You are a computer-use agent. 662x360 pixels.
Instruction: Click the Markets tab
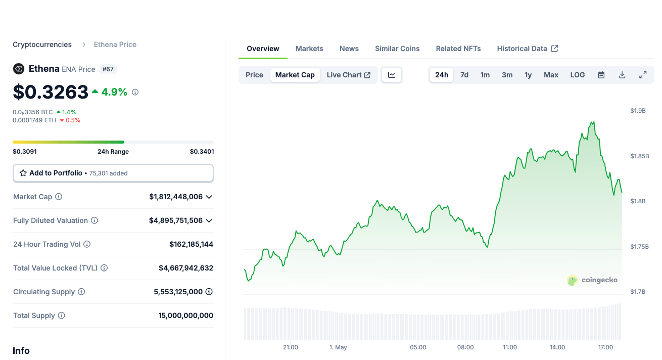pyautogui.click(x=309, y=49)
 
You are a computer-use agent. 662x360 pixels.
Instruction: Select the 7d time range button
pyautogui.click(x=464, y=75)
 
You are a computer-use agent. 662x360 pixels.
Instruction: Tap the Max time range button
pyautogui.click(x=551, y=75)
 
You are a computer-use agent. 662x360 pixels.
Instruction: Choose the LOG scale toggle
pyautogui.click(x=578, y=75)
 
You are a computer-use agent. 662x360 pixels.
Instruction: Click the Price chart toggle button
pyautogui.click(x=254, y=75)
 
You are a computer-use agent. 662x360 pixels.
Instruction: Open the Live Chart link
pyautogui.click(x=349, y=75)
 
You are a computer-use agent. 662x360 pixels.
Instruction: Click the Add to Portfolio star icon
pyautogui.click(x=23, y=173)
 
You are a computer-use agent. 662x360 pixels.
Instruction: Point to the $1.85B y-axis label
pyautogui.click(x=639, y=156)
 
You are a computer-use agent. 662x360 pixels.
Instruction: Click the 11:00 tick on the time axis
pyautogui.click(x=510, y=347)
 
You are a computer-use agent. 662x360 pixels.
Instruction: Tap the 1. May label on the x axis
pyautogui.click(x=338, y=347)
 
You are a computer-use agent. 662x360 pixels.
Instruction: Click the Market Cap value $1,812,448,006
pyautogui.click(x=176, y=197)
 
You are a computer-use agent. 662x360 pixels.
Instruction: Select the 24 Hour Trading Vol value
pyautogui.click(x=191, y=244)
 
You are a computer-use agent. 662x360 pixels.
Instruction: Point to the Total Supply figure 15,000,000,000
pyautogui.click(x=185, y=316)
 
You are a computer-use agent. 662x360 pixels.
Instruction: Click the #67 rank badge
pyautogui.click(x=108, y=69)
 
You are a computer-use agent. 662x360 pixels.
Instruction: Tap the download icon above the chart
pyautogui.click(x=622, y=75)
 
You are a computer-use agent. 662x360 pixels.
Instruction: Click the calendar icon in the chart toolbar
pyautogui.click(x=601, y=75)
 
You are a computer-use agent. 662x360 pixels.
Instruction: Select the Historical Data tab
pyautogui.click(x=527, y=49)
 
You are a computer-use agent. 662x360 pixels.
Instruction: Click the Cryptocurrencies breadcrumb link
pyautogui.click(x=42, y=44)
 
